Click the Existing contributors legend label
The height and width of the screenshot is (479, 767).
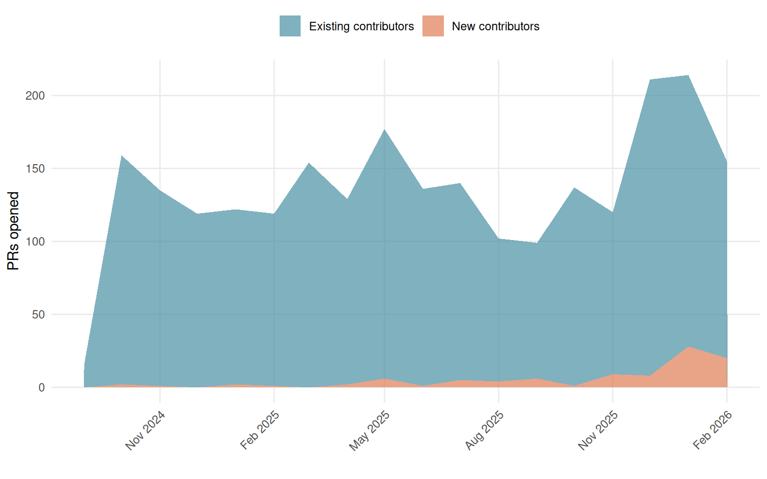point(361,26)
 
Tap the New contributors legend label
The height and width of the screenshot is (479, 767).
point(495,26)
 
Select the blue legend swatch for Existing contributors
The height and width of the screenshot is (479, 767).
point(290,26)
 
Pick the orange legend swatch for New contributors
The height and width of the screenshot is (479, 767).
point(433,26)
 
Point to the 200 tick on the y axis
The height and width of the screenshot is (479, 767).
point(35,96)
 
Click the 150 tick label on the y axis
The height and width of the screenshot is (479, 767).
point(35,169)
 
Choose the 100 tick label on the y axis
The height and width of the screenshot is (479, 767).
point(35,241)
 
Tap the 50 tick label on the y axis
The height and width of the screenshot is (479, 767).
point(38,315)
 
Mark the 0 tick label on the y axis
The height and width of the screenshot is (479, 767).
point(41,388)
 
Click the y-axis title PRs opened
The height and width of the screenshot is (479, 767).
point(13,231)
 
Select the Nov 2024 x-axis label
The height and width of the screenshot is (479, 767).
point(145,430)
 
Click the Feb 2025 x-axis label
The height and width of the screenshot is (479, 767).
point(260,430)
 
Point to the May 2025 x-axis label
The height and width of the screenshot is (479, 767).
point(370,431)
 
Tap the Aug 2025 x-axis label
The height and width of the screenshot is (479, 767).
point(484,430)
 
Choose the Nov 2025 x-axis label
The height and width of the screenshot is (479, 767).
point(598,430)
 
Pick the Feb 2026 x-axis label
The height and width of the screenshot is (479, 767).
point(713,430)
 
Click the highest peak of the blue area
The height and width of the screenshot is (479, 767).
point(689,75)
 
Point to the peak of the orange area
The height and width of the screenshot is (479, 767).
point(689,347)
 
